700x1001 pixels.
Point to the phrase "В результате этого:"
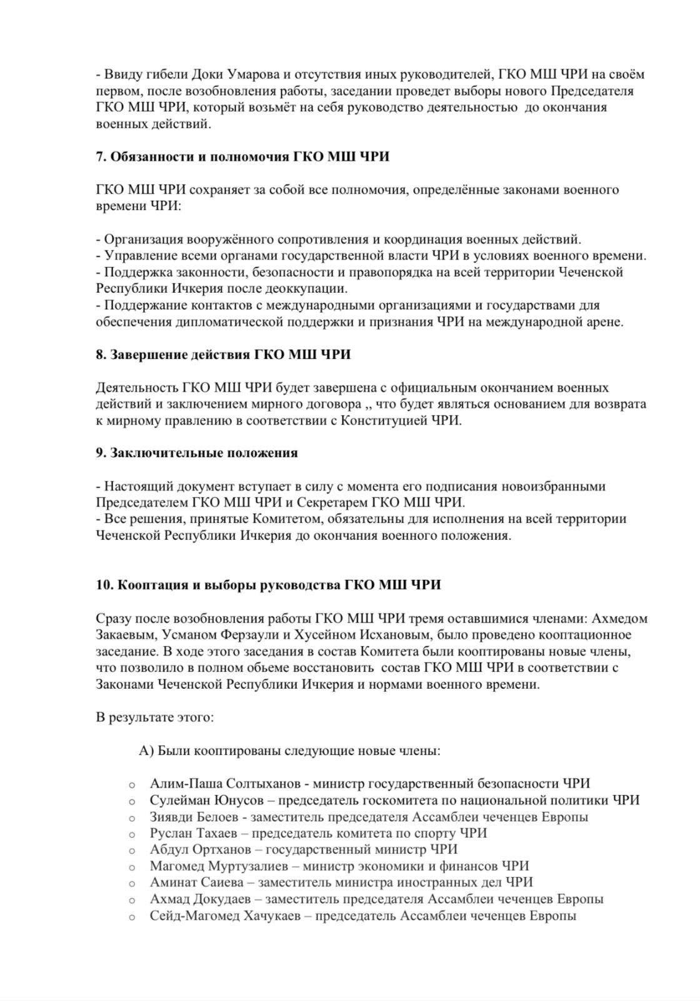pyautogui.click(x=154, y=717)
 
